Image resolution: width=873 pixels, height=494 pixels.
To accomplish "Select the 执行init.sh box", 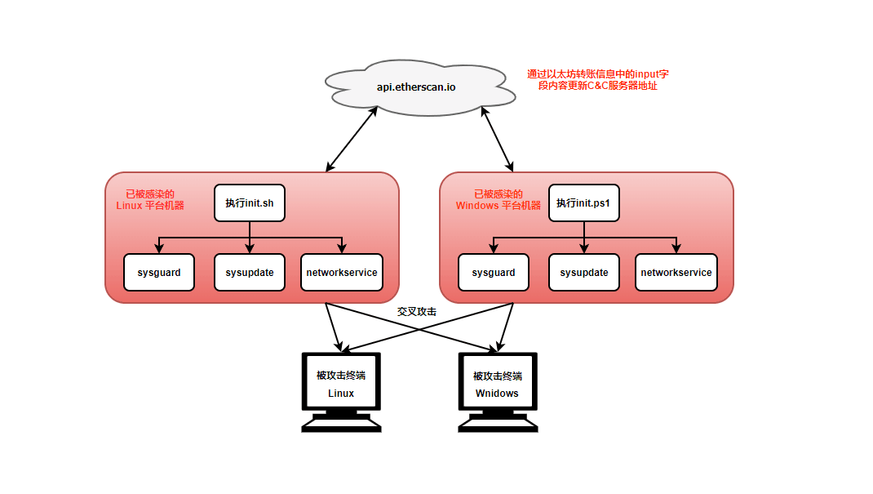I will (x=250, y=202).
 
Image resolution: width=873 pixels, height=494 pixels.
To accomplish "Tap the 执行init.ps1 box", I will (x=584, y=202).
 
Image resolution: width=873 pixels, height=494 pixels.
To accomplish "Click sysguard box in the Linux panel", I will (x=159, y=272).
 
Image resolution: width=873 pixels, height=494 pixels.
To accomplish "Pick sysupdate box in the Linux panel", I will (x=250, y=272).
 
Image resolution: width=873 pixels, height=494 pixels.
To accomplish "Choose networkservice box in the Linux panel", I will (x=342, y=272).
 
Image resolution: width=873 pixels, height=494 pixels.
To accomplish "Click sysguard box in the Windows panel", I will (x=494, y=272).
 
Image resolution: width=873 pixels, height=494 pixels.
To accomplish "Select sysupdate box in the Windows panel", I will (x=584, y=272).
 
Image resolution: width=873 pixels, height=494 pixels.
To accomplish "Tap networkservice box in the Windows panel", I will (x=676, y=272).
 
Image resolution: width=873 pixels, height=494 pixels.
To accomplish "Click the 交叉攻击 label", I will (x=417, y=312).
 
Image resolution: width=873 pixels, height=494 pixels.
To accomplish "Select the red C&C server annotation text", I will (x=598, y=80).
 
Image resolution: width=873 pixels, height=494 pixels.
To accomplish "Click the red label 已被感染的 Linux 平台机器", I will (x=150, y=200).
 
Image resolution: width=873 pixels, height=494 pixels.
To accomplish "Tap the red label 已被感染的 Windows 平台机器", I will (x=498, y=200).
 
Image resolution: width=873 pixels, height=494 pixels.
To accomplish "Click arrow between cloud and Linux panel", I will (x=352, y=138).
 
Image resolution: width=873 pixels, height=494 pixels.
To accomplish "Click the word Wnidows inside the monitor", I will (x=498, y=394).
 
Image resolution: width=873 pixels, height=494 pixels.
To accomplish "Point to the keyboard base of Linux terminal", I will (x=341, y=422).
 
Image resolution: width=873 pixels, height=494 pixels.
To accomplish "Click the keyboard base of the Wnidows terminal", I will (x=498, y=422).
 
